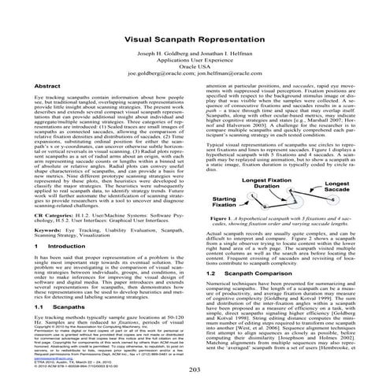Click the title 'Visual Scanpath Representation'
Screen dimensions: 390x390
pyautogui.click(x=195, y=38)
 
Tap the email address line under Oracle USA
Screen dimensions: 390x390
pyautogui.click(x=195, y=77)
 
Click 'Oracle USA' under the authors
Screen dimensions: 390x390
pyautogui.click(x=195, y=70)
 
